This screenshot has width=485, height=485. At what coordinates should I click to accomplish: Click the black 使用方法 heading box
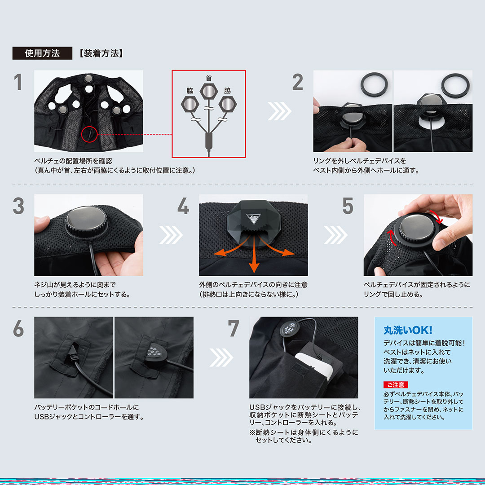pyautogui.click(x=42, y=53)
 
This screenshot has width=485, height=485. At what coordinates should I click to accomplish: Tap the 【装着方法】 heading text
pyautogui.click(x=101, y=53)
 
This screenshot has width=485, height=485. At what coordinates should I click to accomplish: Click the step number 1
pyautogui.click(x=18, y=82)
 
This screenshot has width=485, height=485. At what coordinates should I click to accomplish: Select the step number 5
pyautogui.click(x=348, y=206)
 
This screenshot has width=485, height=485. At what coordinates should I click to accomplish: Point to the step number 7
pyautogui.click(x=234, y=328)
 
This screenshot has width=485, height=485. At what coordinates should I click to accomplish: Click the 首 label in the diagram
pyautogui.click(x=209, y=78)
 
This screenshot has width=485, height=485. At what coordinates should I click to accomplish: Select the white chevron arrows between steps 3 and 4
pyautogui.click(x=171, y=235)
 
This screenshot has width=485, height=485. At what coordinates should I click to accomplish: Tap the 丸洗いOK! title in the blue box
pyautogui.click(x=408, y=331)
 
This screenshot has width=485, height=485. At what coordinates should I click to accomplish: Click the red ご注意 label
pyautogui.click(x=396, y=385)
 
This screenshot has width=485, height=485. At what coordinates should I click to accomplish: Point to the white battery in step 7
pyautogui.click(x=313, y=367)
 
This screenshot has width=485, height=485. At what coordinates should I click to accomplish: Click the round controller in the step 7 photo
pyautogui.click(x=290, y=329)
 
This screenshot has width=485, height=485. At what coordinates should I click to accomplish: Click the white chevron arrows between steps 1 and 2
pyautogui.click(x=279, y=111)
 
